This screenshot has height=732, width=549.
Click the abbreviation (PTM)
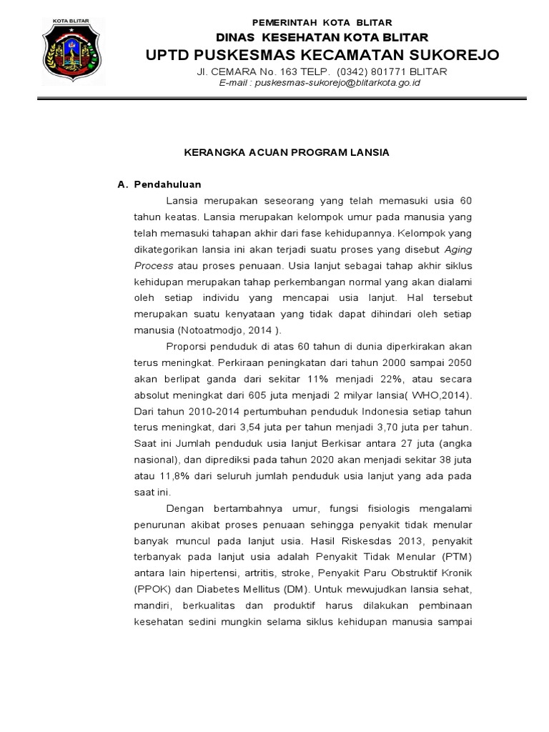456,557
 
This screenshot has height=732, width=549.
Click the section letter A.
122,184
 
